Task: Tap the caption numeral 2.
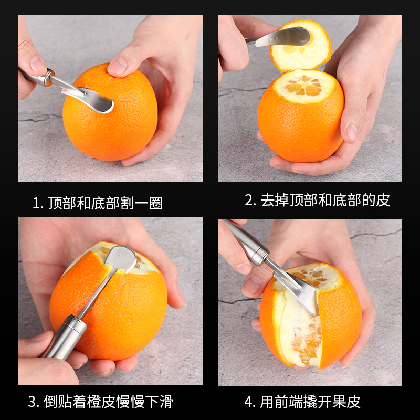[248, 200]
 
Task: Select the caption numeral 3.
[32, 402]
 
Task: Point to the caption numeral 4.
[248, 402]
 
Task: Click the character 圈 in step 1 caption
[155, 203]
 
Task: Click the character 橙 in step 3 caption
[94, 402]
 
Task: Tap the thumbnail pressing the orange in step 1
[118, 65]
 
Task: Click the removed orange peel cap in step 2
[301, 46]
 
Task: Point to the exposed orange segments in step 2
[304, 86]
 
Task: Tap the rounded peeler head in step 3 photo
[122, 258]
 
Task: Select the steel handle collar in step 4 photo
[259, 253]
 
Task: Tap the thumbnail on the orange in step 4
[253, 284]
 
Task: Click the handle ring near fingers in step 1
[49, 78]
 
